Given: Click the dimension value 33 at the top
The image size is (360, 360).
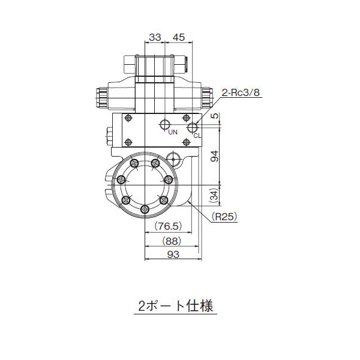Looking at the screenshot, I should (x=155, y=37).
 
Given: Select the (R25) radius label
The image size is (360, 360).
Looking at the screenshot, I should (x=224, y=216).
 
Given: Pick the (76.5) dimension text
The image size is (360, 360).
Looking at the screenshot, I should (x=168, y=226).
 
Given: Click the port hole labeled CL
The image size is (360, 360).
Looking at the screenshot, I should (x=193, y=127).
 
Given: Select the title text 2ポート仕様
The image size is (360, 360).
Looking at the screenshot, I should (x=173, y=305).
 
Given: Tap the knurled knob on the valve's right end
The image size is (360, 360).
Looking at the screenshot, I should (x=208, y=96).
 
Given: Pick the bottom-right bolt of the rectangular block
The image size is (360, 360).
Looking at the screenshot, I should (x=186, y=142).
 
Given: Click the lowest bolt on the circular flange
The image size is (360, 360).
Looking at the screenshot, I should (x=145, y=208).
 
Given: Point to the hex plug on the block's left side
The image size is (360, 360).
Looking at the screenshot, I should (x=109, y=134).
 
